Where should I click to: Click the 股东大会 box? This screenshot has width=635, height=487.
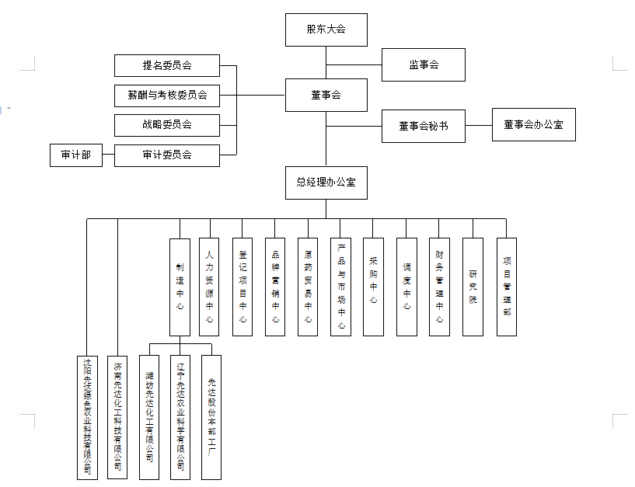(x=326, y=30)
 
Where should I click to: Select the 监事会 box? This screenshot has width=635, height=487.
(x=423, y=64)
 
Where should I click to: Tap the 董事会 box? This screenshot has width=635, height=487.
(x=326, y=95)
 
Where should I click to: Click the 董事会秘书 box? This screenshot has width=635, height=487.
(x=423, y=126)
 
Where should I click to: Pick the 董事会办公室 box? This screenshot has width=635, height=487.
(x=533, y=124)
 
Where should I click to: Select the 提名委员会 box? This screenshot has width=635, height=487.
(x=166, y=65)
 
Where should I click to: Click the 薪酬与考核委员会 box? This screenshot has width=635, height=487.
(x=166, y=96)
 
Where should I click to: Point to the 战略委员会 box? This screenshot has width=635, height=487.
(x=166, y=124)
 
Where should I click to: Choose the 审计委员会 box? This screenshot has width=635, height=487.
(x=166, y=155)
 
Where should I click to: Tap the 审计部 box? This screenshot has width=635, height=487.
(x=75, y=155)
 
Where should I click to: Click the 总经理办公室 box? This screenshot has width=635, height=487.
(x=326, y=183)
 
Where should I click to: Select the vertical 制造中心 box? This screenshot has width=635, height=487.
(x=180, y=287)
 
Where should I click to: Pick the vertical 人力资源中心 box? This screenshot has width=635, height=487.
(x=209, y=287)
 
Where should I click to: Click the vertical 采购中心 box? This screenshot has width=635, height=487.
(x=373, y=287)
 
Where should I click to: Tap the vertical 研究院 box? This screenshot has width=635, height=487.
(x=473, y=287)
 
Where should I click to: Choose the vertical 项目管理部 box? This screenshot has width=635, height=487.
(x=507, y=287)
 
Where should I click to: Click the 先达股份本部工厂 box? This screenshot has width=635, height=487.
(x=211, y=417)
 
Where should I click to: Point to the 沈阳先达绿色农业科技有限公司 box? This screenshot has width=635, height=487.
(x=87, y=417)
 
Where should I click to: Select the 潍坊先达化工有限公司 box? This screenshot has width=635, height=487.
(x=148, y=417)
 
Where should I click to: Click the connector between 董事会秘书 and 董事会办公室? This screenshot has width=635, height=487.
(x=479, y=125)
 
